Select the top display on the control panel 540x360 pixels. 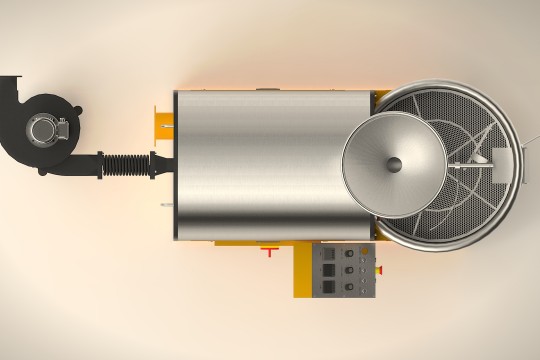(x=329, y=253)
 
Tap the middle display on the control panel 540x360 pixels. (x=329, y=270)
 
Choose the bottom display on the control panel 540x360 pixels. (x=329, y=286)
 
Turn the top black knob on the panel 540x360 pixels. (x=349, y=253)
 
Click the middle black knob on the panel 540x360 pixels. (x=349, y=270)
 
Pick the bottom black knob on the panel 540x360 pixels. (x=349, y=286)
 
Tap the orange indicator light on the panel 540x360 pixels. (x=364, y=251)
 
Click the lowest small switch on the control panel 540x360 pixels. (x=363, y=291)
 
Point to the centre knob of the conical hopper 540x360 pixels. (x=394, y=165)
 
